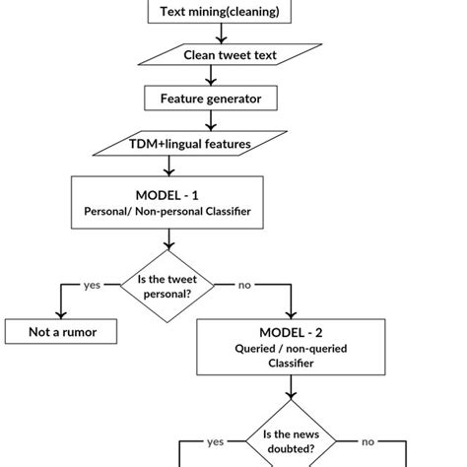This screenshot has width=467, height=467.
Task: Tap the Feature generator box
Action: tap(211, 100)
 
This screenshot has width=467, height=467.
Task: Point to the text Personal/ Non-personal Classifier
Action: tap(167, 212)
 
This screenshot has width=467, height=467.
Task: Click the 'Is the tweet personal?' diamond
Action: tap(167, 288)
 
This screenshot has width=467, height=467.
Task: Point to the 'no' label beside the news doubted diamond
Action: tap(367, 442)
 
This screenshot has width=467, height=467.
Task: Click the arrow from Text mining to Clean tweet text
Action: tap(221, 33)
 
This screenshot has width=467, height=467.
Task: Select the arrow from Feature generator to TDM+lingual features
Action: tap(211, 121)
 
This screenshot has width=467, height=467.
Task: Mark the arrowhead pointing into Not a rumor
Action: tap(62, 313)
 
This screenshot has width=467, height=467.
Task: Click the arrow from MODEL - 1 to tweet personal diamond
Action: tap(167, 240)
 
